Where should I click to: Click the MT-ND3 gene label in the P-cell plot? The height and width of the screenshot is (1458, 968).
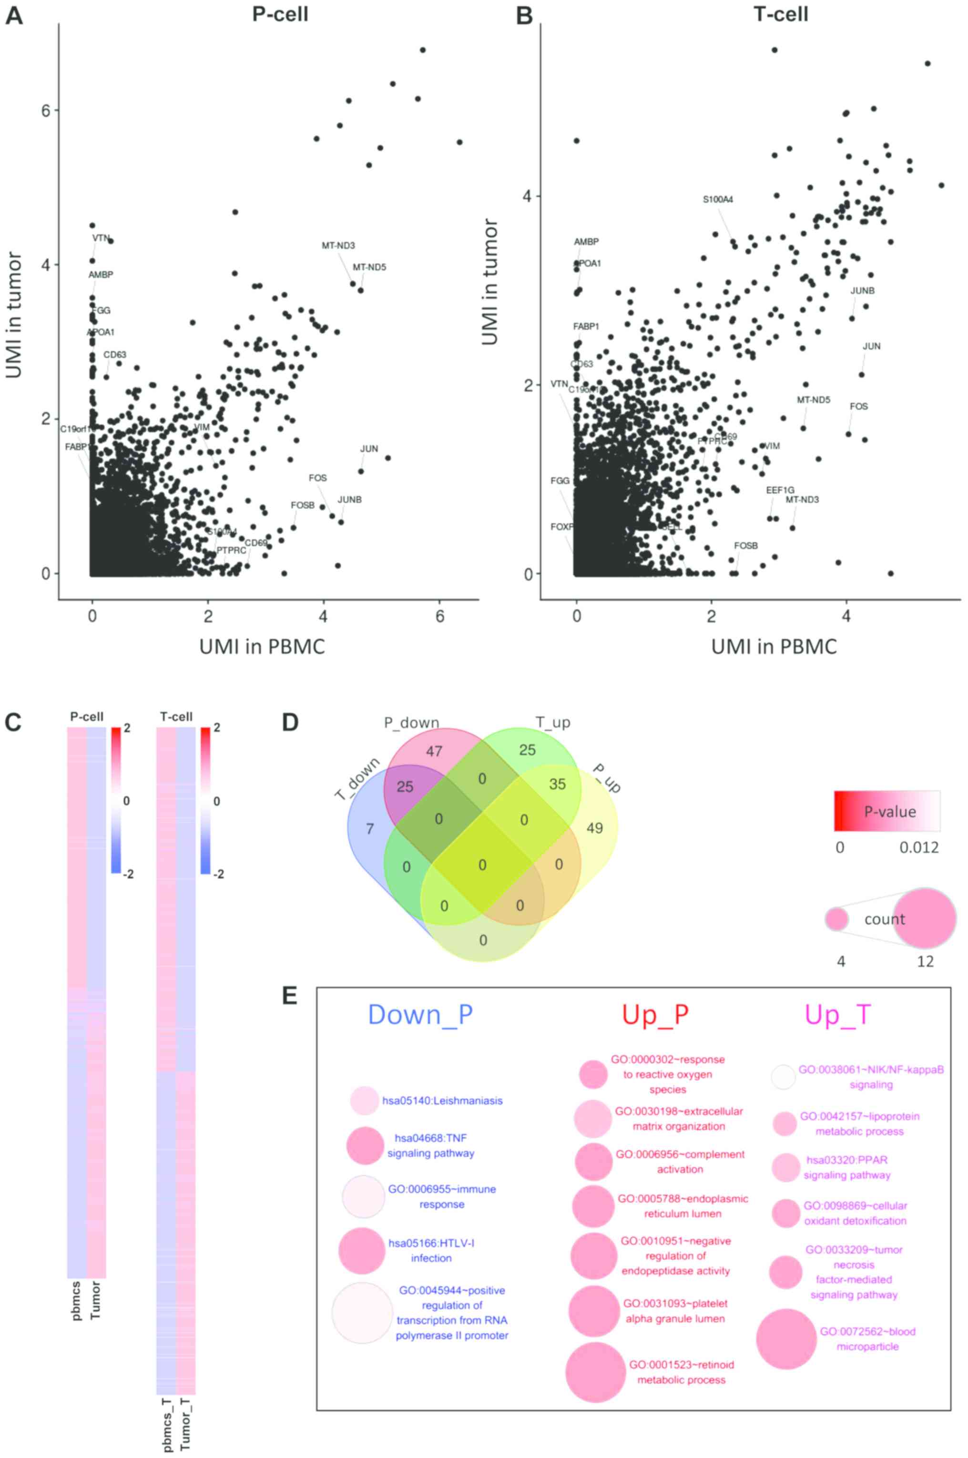coord(338,245)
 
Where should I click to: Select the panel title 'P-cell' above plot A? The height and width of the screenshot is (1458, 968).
coord(280,14)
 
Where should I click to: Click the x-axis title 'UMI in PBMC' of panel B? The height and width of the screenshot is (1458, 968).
coord(774,646)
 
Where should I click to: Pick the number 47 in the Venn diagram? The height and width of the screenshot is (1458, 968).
coord(434,751)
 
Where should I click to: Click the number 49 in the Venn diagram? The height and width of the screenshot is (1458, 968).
coord(594,828)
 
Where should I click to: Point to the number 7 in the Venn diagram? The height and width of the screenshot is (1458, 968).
coord(370,828)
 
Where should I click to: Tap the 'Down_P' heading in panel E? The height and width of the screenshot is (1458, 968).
coord(420,1014)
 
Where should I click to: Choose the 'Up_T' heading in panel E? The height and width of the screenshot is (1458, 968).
coord(838,1014)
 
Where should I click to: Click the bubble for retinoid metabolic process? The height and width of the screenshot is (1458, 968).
coord(595,1372)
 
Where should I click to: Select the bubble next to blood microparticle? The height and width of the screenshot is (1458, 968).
coord(786,1339)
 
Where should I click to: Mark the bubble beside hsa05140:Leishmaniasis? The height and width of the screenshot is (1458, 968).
coord(364,1100)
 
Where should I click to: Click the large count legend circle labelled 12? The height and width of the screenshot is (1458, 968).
coord(924,918)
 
